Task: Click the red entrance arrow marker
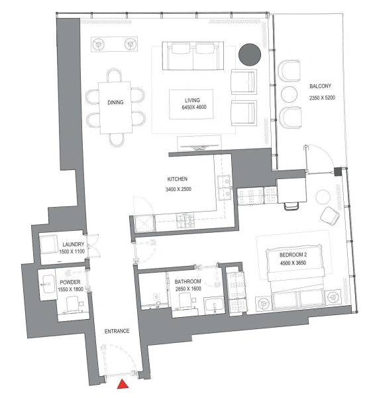tap(123, 385)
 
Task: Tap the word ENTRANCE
tap(116, 330)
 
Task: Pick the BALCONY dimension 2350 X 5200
tap(323, 98)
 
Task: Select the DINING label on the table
tap(117, 103)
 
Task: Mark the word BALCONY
tap(320, 87)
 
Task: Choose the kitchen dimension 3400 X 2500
tap(178, 190)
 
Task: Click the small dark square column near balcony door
tap(339, 172)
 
